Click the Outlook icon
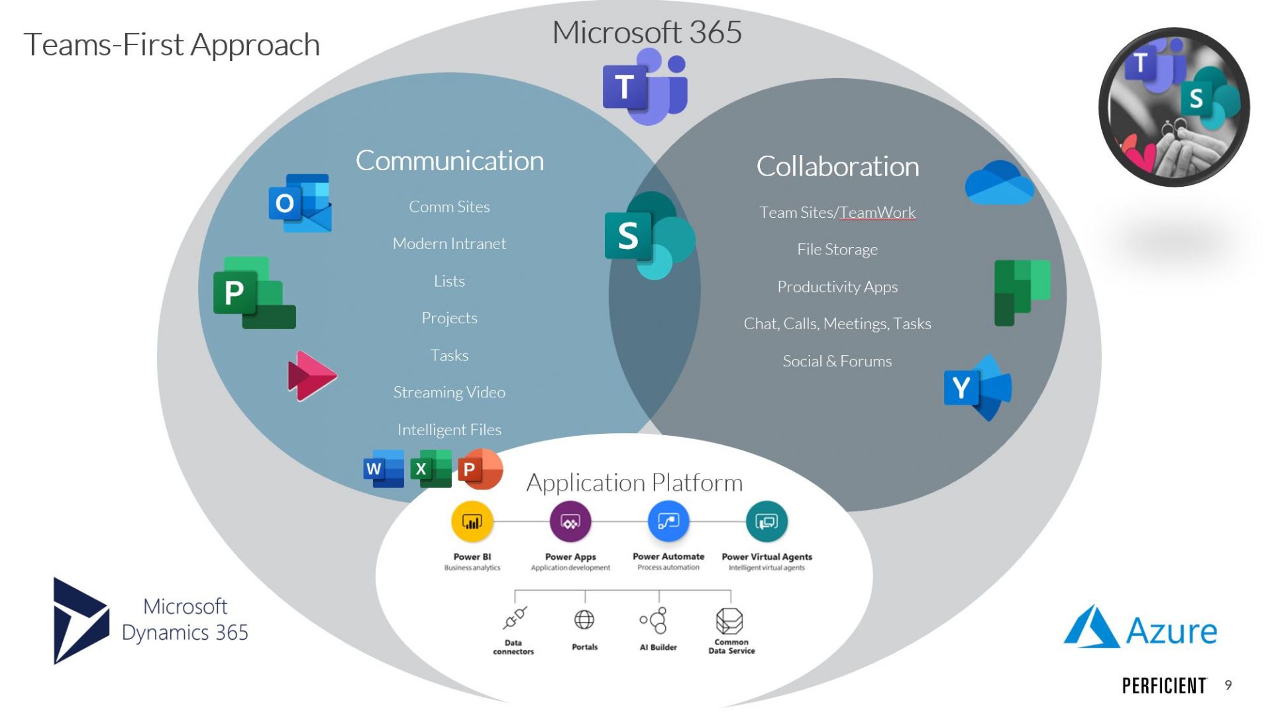300,203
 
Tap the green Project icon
254,293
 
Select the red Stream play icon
311,376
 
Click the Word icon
384,469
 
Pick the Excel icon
431,469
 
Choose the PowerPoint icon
480,469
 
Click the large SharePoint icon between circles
649,236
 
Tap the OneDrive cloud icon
999,183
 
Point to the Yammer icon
978,388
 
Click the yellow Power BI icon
472,522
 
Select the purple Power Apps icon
570,522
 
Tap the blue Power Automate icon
668,522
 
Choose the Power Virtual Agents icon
767,522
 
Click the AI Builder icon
655,621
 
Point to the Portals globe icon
584,620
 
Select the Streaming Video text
449,392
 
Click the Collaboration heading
837,166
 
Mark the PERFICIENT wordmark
1164,686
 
